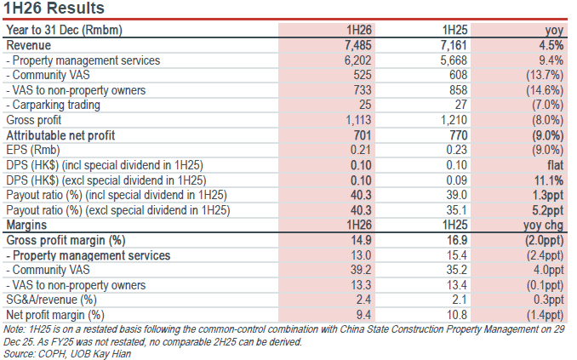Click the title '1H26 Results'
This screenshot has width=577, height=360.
coord(54,8)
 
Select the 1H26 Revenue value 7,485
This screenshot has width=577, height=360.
coord(358,45)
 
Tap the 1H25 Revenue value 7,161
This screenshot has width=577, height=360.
coord(454,45)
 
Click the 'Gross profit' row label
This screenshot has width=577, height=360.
coord(34,120)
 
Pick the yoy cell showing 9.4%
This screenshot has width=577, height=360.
coord(551,60)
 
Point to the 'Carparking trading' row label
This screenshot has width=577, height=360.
coord(53,105)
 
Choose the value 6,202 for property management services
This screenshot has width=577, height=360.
coord(358,60)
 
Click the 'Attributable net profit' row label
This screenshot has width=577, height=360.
coord(60,135)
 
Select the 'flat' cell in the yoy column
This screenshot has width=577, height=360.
coord(555,165)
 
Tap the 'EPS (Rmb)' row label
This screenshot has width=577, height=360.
coord(33,150)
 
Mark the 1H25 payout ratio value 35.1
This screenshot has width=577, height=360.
coord(457,210)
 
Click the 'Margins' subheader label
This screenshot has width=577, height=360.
coord(26,225)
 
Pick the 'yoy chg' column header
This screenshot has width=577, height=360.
coord(544,225)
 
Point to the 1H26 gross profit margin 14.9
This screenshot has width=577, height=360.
coord(361,240)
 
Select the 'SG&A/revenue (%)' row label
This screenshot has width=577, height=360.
coord(52,300)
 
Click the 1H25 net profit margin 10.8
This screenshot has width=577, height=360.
coord(457,315)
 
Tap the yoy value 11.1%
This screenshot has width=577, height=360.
coord(549,180)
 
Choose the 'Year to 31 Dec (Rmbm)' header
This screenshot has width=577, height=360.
coord(65,30)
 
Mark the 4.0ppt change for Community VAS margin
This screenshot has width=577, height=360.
coord(549,270)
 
